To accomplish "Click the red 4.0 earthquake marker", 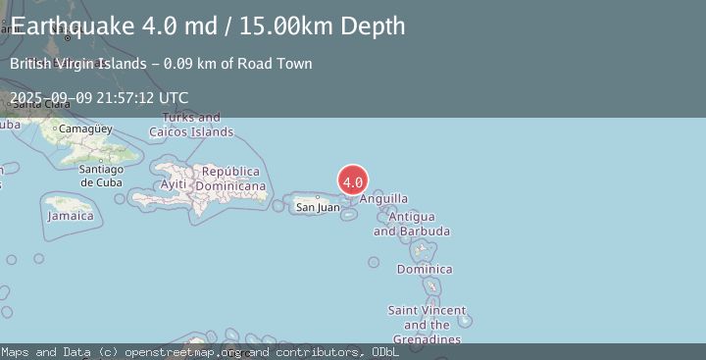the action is (353, 180).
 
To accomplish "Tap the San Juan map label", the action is (318, 207).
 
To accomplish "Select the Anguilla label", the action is (383, 199).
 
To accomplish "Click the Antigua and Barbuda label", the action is (412, 224).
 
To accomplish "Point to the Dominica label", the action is (425, 269).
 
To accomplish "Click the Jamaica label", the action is (70, 216).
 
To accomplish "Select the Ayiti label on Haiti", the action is (174, 184).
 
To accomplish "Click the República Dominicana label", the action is (231, 179).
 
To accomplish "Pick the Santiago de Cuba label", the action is (101, 176).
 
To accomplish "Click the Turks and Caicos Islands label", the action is (191, 125).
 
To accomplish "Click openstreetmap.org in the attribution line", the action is (184, 351).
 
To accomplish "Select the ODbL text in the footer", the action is (384, 351).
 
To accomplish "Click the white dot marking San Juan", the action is (317, 197).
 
